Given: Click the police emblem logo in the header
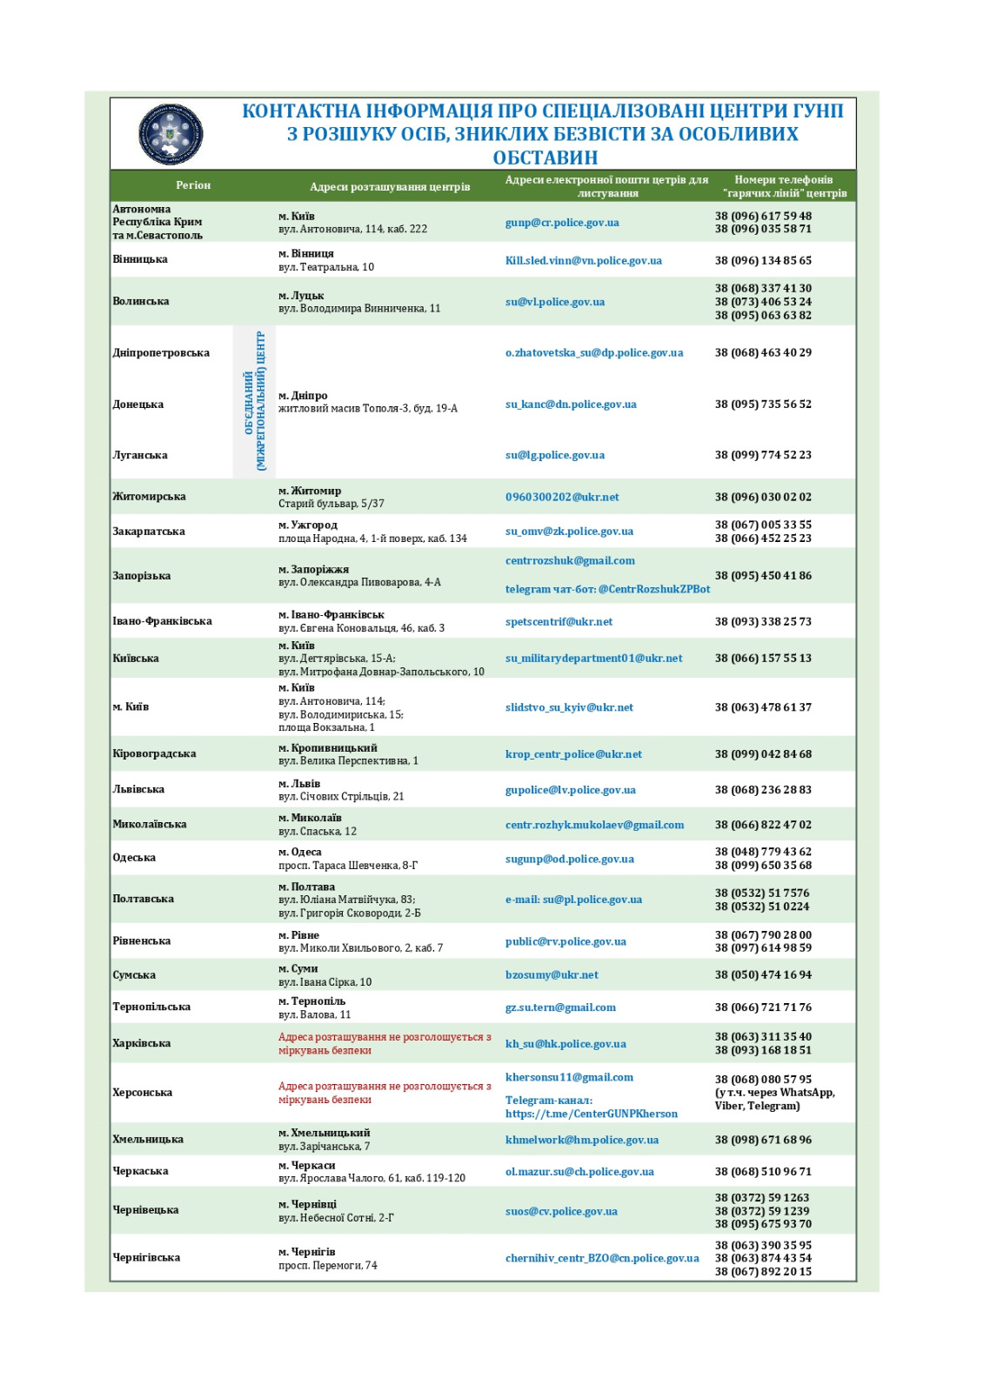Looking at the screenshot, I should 171,135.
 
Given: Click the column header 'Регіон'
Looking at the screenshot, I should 193,185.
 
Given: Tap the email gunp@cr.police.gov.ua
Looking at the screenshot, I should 562,223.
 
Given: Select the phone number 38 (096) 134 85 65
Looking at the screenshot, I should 763,260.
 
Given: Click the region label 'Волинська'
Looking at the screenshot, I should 141,301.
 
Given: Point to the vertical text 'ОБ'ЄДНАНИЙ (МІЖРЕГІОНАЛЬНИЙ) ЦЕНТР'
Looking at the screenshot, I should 255,401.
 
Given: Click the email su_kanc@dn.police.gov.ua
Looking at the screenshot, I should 571,405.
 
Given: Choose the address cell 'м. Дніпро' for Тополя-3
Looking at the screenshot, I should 367,402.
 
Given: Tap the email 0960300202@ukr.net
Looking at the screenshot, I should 562,497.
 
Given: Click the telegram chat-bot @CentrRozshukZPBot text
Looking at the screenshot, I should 607,589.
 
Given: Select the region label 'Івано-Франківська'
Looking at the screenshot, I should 162,621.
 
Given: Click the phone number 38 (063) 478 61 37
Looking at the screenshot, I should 763,707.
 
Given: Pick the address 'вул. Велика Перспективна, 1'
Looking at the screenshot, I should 348,761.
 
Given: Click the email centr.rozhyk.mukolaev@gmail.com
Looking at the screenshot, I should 594,825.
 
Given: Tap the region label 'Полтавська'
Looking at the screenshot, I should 143,899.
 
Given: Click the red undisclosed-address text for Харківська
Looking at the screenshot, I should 384,1043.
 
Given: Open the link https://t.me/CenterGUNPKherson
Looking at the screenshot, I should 591,1114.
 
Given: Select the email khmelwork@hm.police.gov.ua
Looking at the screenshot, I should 581,1140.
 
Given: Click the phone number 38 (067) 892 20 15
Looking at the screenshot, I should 763,1272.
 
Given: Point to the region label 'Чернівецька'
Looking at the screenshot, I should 145,1210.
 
